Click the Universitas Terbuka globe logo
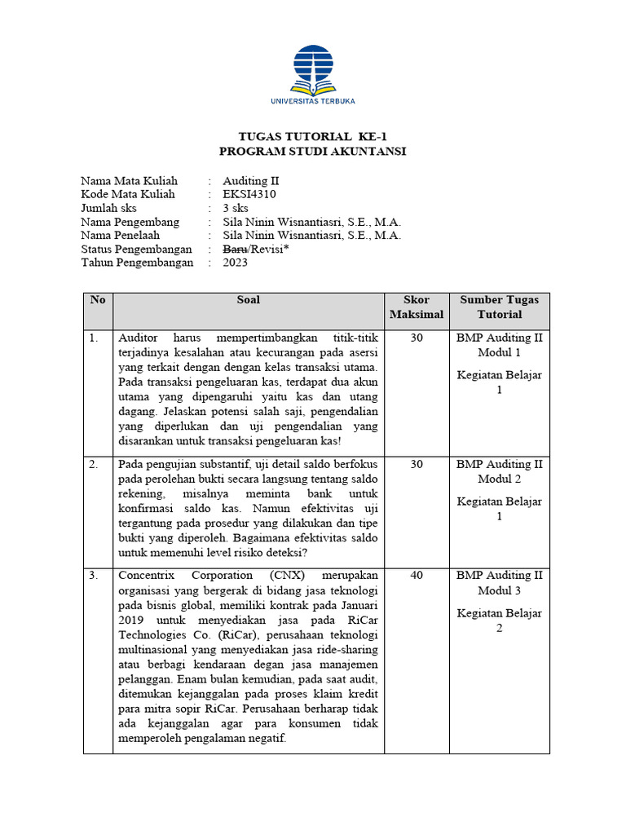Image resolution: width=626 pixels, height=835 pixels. pyautogui.click(x=313, y=68)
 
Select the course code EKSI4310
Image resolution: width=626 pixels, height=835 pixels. pyautogui.click(x=249, y=194)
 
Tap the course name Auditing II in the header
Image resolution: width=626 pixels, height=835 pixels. pyautogui.click(x=251, y=180)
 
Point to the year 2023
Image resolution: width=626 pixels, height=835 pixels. pyautogui.click(x=236, y=263)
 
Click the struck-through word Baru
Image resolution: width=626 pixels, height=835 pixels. pyautogui.click(x=235, y=249)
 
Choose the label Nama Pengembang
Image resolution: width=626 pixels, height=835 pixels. pyautogui.click(x=130, y=222)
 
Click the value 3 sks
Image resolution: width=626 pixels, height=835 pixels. pyautogui.click(x=237, y=208)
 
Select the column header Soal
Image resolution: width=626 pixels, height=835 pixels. pyautogui.click(x=249, y=300)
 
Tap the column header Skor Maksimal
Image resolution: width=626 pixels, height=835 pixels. pyautogui.click(x=417, y=307)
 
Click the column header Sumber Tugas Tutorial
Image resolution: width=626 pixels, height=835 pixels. pyautogui.click(x=500, y=307)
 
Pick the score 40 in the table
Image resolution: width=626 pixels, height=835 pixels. pyautogui.click(x=417, y=576)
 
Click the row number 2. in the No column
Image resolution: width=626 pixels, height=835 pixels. pyautogui.click(x=95, y=465)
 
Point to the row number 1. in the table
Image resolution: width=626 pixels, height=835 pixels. pyautogui.click(x=95, y=337)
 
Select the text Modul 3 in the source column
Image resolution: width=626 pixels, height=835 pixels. pyautogui.click(x=500, y=590)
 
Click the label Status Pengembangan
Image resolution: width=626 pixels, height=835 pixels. pyautogui.click(x=136, y=249)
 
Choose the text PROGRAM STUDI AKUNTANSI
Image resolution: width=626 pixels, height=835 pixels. pyautogui.click(x=313, y=152)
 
